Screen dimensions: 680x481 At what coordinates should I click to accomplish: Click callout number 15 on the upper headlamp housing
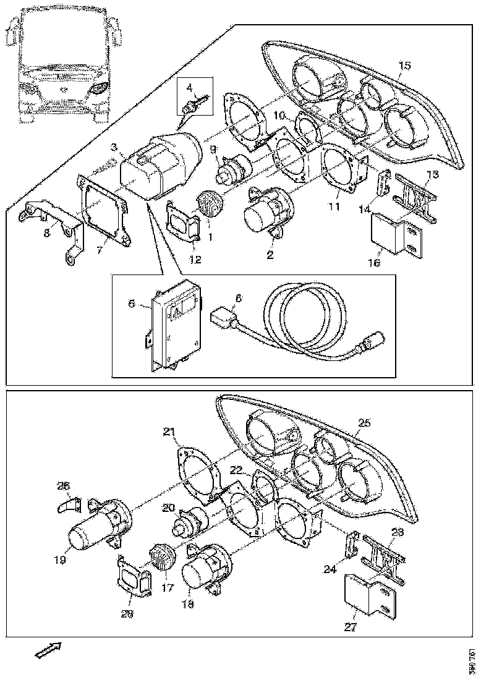click(x=404, y=65)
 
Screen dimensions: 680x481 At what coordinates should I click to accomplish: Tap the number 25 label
click(x=364, y=423)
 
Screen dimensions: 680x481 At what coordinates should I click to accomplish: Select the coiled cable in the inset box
click(x=303, y=325)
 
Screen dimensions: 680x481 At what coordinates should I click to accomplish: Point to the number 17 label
click(x=164, y=589)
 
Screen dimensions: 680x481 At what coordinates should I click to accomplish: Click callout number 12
click(x=195, y=260)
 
